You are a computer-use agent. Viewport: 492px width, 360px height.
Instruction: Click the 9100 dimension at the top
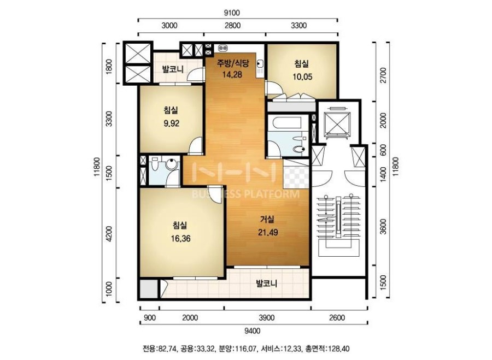(x=232, y=13)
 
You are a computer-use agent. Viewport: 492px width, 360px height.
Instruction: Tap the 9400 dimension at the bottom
(x=252, y=331)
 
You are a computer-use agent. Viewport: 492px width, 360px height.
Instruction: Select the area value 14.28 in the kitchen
(x=232, y=75)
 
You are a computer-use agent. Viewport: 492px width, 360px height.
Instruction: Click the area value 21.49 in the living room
(x=268, y=232)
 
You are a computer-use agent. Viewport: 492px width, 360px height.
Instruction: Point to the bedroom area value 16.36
(x=180, y=239)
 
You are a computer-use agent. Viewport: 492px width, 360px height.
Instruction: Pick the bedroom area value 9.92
(x=171, y=123)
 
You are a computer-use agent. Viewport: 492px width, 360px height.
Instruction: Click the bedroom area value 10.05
(x=302, y=77)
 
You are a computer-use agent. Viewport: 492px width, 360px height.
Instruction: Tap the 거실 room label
(x=267, y=219)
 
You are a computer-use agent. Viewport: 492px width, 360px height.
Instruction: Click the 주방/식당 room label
(x=233, y=63)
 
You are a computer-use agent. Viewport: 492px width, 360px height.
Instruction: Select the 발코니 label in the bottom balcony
(x=266, y=284)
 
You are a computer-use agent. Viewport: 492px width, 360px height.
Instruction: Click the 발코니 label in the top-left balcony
(x=173, y=69)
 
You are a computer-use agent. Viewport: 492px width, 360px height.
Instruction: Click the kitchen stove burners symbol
(x=223, y=48)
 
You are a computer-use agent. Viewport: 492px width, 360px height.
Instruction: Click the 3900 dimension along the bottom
(x=267, y=318)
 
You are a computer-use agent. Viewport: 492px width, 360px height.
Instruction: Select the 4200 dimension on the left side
(x=109, y=234)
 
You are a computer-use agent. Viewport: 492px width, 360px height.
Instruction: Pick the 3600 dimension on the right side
(x=383, y=226)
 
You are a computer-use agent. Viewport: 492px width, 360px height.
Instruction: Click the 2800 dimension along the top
(x=232, y=25)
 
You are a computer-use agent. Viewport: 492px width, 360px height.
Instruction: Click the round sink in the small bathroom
(x=171, y=165)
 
